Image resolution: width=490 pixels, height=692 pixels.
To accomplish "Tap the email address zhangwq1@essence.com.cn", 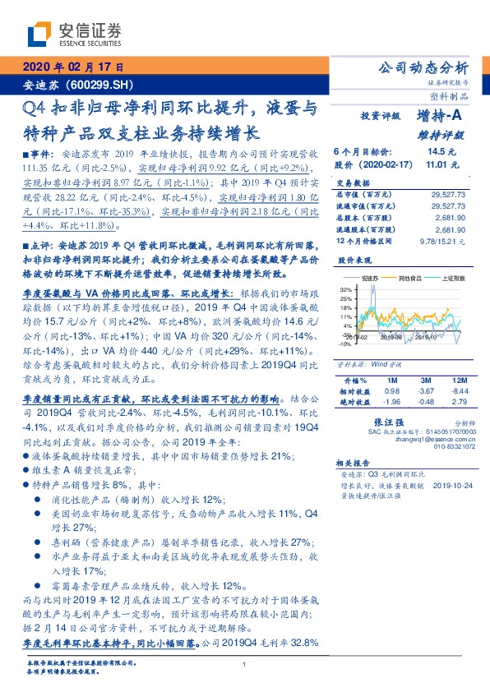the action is tap(421, 439).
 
